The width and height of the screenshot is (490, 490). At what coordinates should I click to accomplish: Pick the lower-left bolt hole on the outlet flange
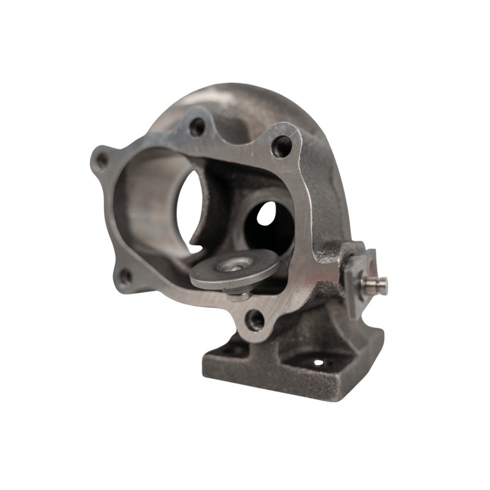(x=126, y=276)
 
